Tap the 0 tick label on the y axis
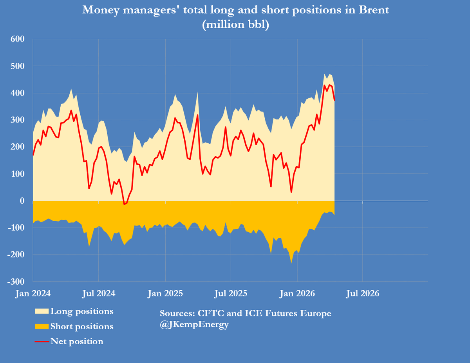click(22, 201)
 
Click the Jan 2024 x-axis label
click(33, 293)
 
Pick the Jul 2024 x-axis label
click(99, 293)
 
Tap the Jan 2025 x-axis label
click(165, 293)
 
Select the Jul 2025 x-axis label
click(231, 293)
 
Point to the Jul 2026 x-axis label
click(363, 293)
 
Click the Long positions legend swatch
click(42, 311)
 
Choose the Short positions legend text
click(82, 327)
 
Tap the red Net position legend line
click(42, 341)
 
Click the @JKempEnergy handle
click(194, 325)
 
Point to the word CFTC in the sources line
click(211, 314)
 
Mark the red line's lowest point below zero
click(124, 204)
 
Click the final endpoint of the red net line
click(334, 100)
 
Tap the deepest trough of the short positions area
click(291, 262)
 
